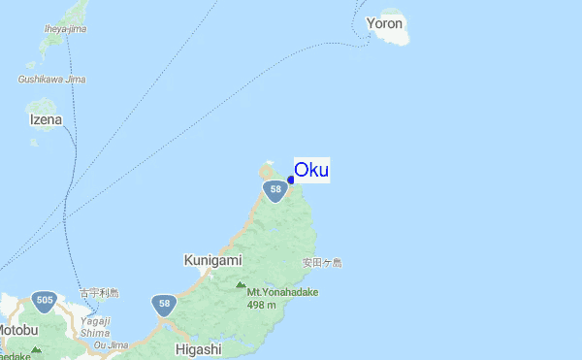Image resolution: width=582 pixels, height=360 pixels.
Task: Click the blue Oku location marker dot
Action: point(290,179)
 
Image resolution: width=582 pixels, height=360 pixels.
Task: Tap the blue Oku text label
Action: point(311,170)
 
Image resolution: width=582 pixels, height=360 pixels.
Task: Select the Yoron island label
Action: point(385,22)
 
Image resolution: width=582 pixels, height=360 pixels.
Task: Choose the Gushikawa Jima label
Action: point(52,79)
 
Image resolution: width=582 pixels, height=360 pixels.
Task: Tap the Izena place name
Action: point(46,120)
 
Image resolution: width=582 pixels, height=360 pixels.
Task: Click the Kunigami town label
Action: point(212,261)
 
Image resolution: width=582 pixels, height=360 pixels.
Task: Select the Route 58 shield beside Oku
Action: point(275,189)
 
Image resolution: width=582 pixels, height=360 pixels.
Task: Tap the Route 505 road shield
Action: point(43,301)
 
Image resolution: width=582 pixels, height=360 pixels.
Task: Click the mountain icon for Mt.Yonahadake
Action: point(241,284)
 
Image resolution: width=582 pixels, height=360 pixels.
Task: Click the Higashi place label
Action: point(199,349)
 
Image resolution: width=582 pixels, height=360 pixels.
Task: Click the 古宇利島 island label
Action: point(99,292)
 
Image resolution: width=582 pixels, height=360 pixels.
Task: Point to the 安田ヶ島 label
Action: point(322,263)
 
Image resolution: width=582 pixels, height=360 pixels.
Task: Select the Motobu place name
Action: point(17,331)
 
